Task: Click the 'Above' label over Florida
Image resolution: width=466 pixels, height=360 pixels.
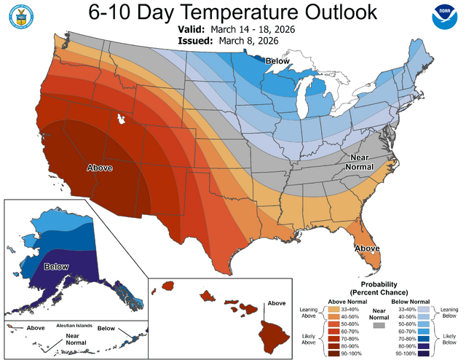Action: tap(367, 249)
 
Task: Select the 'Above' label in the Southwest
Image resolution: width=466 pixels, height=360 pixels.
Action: tap(100, 168)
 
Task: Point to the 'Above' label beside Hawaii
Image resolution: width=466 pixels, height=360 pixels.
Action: tap(277, 303)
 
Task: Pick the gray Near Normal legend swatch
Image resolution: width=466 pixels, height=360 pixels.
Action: tap(377, 327)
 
